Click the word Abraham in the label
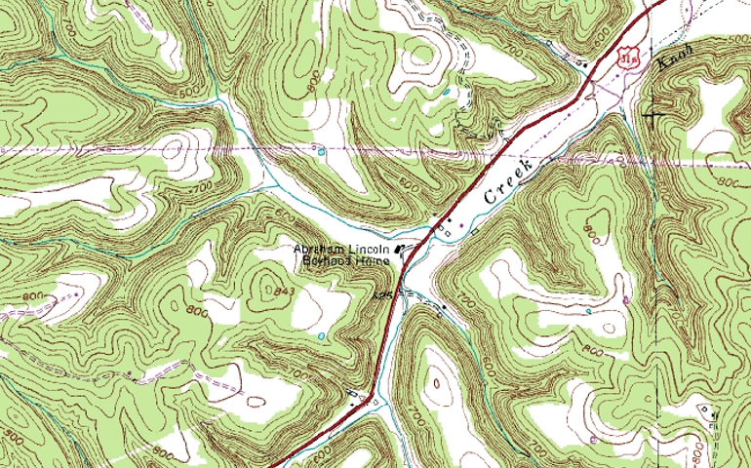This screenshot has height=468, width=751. click(319, 250)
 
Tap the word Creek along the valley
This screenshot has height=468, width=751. click(510, 181)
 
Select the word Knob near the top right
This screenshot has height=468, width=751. click(674, 58)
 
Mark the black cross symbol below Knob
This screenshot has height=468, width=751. click(652, 116)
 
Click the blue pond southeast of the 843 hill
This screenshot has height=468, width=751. click(322, 336)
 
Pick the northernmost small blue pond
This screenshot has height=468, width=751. click(446, 92)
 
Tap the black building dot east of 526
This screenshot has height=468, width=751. click(443, 309)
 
